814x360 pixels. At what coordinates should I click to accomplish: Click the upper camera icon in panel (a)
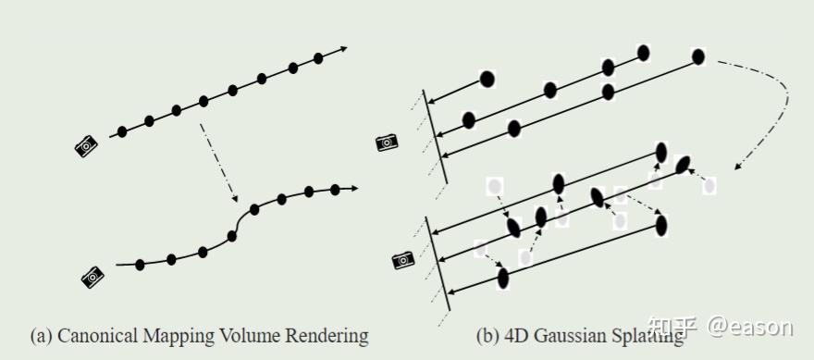tap(87, 144)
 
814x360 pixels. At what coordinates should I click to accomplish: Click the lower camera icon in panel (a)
tap(92, 275)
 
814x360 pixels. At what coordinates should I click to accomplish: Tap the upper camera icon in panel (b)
tap(388, 142)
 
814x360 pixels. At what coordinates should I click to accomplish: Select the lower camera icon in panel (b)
tap(403, 260)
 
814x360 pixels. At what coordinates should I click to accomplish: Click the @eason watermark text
tap(750, 326)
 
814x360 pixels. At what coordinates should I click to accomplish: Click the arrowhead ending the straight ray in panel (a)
tap(344, 49)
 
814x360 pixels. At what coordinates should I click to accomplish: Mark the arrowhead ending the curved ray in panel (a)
tap(353, 189)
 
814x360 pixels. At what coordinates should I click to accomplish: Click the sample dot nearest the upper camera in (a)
tap(122, 131)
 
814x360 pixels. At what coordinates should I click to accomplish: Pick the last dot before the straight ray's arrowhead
tap(318, 58)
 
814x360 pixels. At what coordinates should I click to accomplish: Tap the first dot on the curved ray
tap(140, 265)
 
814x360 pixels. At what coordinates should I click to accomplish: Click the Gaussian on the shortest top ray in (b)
tap(487, 79)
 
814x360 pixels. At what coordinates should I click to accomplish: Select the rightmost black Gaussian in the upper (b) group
tap(698, 56)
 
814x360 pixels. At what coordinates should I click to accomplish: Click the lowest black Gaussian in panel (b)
tap(503, 278)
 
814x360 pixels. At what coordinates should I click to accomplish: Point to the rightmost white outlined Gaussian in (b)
tap(709, 186)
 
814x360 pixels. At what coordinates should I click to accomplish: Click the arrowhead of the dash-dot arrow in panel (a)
tap(234, 199)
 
